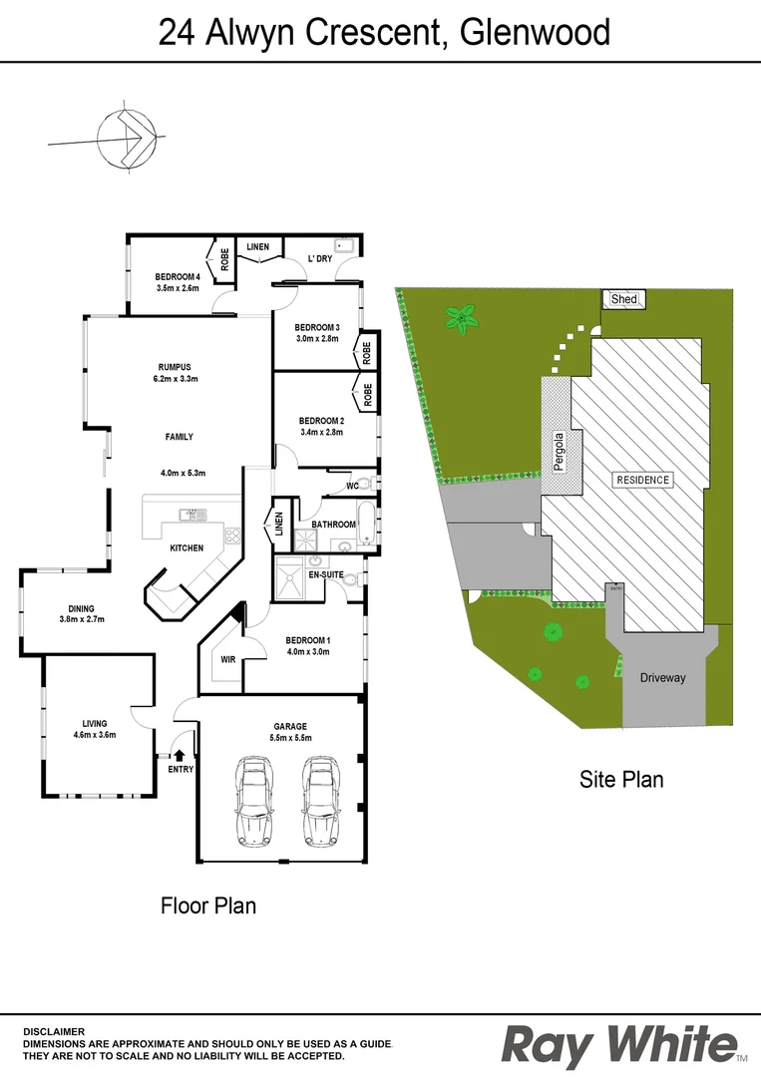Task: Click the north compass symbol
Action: (x=126, y=139)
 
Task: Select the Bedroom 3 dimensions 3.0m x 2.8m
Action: (x=317, y=339)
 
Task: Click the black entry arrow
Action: (x=180, y=755)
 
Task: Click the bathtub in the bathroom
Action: (x=367, y=526)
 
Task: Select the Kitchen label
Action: (x=187, y=547)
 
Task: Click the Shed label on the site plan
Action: (x=624, y=299)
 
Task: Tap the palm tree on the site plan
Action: (x=461, y=320)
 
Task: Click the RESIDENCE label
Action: (x=642, y=480)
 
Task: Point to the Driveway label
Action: (x=663, y=678)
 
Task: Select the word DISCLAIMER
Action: (x=54, y=1031)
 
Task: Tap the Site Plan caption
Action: (x=621, y=779)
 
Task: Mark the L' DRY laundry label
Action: (x=319, y=259)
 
